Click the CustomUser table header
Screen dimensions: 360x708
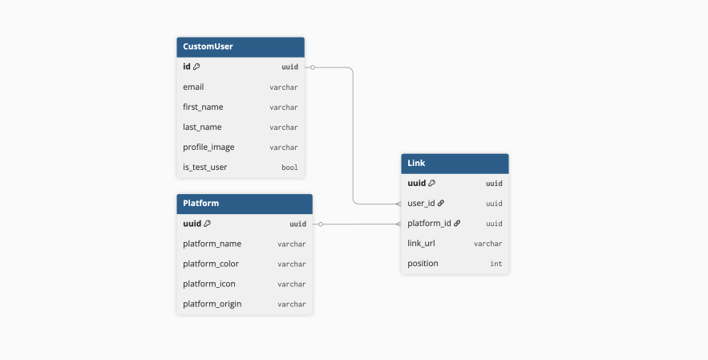(x=208, y=47)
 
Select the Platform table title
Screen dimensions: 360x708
(x=201, y=204)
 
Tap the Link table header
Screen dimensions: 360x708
(x=416, y=164)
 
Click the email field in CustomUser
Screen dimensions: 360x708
(x=193, y=87)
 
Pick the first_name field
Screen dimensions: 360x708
(x=203, y=107)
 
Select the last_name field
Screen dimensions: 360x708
(x=202, y=127)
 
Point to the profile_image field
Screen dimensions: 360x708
(x=208, y=148)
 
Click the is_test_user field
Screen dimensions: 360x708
(x=205, y=168)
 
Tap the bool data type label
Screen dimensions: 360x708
(x=289, y=168)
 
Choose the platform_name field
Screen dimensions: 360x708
(x=212, y=244)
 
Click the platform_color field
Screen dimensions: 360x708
(x=211, y=264)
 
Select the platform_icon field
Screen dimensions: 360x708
(x=209, y=284)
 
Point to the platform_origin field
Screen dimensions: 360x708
(x=212, y=304)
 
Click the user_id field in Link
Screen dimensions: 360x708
(x=421, y=204)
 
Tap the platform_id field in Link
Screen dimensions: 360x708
(x=428, y=224)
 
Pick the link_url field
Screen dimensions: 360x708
(x=421, y=244)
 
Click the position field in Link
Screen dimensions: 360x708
(x=423, y=264)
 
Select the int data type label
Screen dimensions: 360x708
(x=496, y=264)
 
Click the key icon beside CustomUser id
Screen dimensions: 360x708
(x=196, y=67)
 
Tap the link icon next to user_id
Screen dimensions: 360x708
(x=441, y=204)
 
